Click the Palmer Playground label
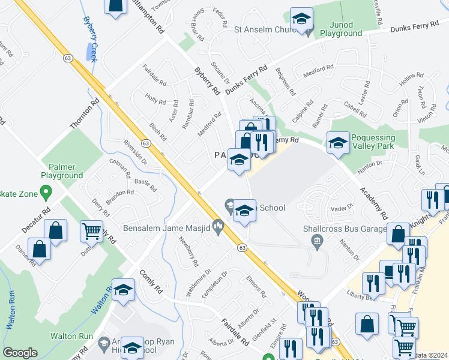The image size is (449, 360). click(x=62, y=171)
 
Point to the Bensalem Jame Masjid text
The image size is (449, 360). click(x=165, y=228)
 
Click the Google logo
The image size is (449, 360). click(x=20, y=353)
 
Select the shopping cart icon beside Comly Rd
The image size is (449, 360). click(x=91, y=230)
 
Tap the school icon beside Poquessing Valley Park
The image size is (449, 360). click(x=338, y=143)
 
